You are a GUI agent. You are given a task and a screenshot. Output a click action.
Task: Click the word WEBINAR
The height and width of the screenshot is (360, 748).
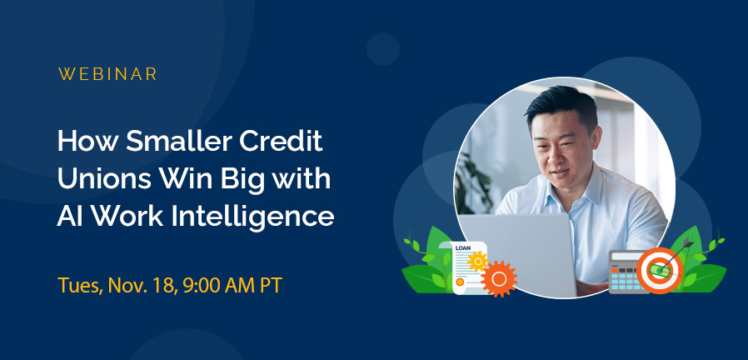click(107, 74)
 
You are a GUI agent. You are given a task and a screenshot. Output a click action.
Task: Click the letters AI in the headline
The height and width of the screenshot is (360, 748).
click(70, 217)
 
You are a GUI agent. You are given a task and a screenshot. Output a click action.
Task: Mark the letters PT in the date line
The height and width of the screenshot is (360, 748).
click(268, 286)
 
